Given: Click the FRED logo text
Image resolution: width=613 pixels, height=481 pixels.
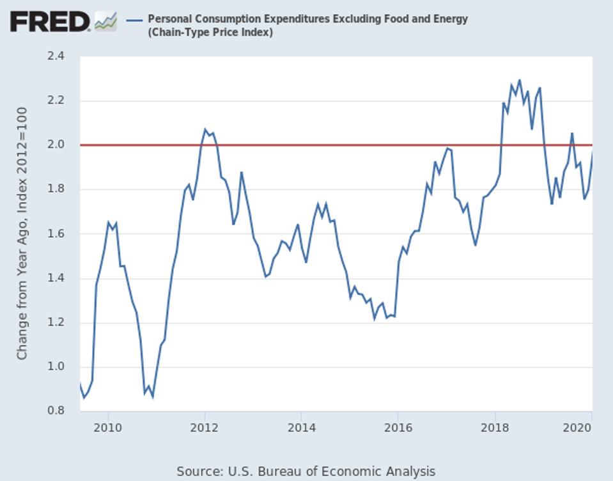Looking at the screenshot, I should pyautogui.click(x=50, y=22).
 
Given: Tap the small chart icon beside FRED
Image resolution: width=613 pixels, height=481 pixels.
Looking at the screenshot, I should pyautogui.click(x=105, y=22).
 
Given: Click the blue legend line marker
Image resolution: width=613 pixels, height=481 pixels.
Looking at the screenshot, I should pyautogui.click(x=134, y=20).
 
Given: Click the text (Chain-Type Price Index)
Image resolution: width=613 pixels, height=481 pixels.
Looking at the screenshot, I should pyautogui.click(x=210, y=32).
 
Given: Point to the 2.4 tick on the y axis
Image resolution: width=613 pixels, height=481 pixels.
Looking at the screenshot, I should pyautogui.click(x=56, y=56).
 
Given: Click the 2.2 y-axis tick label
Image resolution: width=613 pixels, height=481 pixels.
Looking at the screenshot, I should pyautogui.click(x=56, y=100).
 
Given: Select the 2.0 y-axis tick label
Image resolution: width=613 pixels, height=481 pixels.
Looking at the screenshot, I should pyautogui.click(x=56, y=145).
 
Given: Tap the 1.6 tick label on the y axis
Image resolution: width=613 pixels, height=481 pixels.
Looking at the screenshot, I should pyautogui.click(x=56, y=233).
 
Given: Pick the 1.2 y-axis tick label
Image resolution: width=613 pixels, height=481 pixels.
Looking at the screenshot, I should pyautogui.click(x=56, y=322).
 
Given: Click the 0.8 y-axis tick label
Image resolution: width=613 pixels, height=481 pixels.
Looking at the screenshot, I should pyautogui.click(x=56, y=411).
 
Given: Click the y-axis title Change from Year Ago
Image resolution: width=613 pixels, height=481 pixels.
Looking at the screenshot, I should pyautogui.click(x=22, y=233).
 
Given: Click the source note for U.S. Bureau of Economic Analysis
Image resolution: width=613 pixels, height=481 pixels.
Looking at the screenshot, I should pyautogui.click(x=306, y=471).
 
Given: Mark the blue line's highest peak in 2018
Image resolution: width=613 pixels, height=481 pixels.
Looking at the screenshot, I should pyautogui.click(x=519, y=81).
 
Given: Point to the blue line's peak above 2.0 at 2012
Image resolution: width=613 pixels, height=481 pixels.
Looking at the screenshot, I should pyautogui.click(x=205, y=130).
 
